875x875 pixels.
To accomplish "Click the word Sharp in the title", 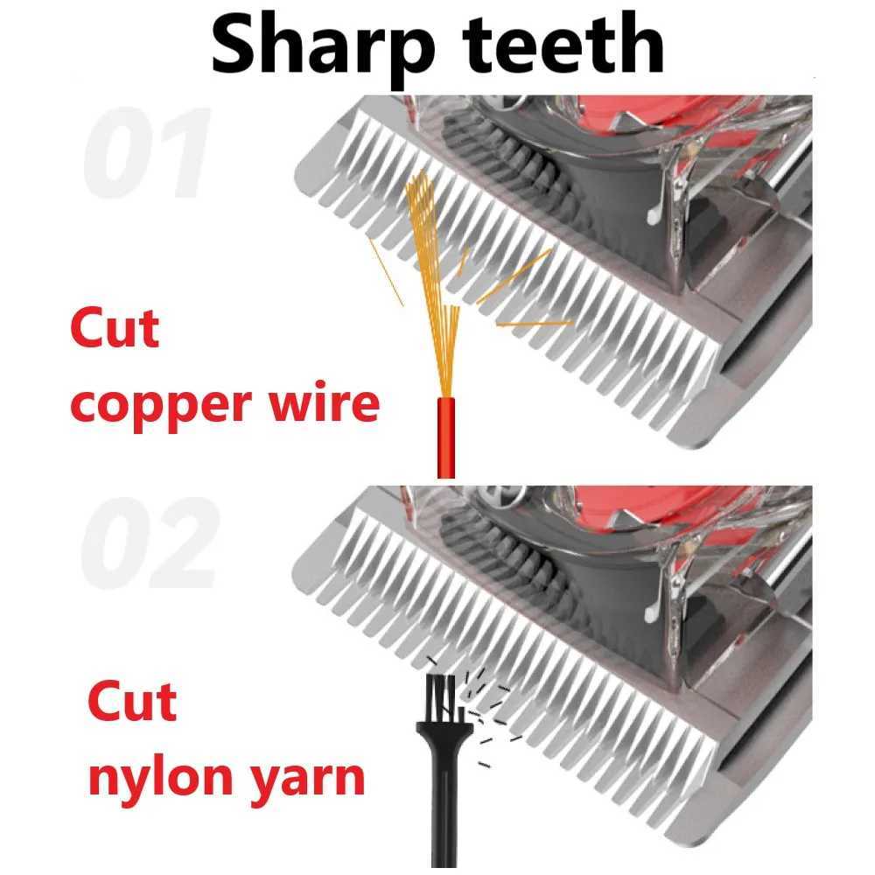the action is tap(323, 47).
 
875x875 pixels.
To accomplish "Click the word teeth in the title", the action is tap(563, 44).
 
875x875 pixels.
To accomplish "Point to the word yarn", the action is tap(305, 779).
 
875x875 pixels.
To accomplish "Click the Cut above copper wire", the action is tap(115, 328).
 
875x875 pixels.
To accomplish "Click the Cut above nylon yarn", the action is tap(132, 702).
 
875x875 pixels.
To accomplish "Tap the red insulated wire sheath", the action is tap(445, 437).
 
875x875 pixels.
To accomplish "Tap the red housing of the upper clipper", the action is tap(669, 115).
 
